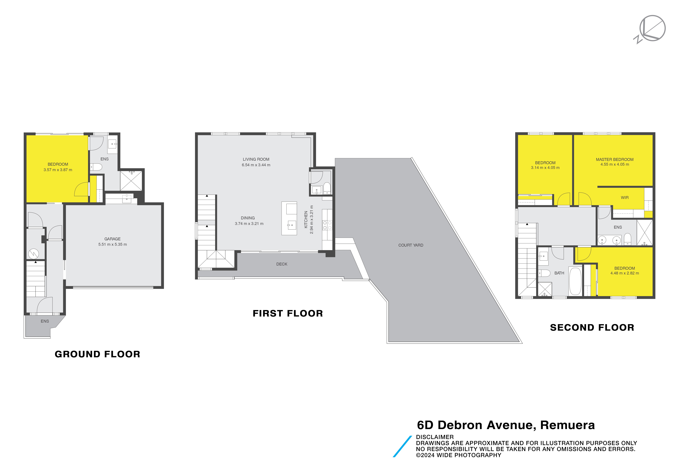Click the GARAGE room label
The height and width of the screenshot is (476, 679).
click(x=112, y=239)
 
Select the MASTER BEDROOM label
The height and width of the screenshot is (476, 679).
click(x=615, y=159)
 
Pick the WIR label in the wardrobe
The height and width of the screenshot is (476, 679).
click(x=625, y=198)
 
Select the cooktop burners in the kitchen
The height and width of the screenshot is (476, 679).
click(x=327, y=225)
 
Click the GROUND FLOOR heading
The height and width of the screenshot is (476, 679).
click(x=98, y=354)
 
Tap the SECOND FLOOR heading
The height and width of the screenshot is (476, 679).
click(x=592, y=328)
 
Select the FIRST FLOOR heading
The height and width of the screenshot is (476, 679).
click(x=288, y=313)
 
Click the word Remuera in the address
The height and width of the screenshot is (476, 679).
click(x=568, y=425)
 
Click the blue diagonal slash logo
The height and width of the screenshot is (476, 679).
click(x=402, y=446)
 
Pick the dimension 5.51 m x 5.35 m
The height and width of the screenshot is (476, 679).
click(x=112, y=244)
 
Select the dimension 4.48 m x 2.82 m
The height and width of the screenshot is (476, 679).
click(x=625, y=273)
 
